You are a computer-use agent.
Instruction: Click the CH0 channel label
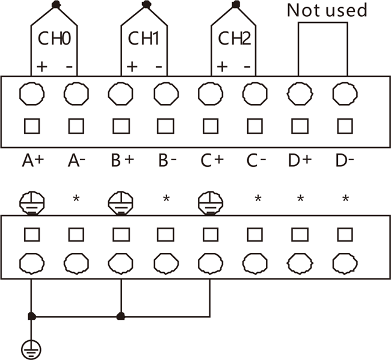(55, 39)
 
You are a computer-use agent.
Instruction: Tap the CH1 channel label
(144, 39)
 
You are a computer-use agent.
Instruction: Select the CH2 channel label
(234, 39)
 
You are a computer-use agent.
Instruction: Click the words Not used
(326, 10)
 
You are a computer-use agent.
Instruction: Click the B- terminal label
(167, 160)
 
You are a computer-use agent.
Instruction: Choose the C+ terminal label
(211, 160)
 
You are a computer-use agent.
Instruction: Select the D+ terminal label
(301, 160)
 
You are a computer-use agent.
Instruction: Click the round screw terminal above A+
(31, 94)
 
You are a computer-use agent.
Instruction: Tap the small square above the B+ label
(121, 126)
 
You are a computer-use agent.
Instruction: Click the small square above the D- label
(345, 126)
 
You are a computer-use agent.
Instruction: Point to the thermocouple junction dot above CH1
(145, 5)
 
